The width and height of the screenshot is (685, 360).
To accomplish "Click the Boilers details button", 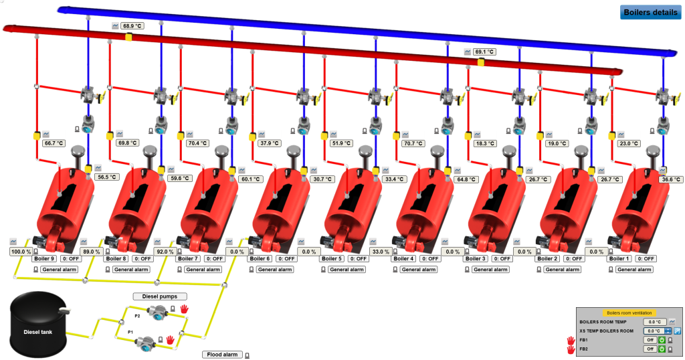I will (x=650, y=12).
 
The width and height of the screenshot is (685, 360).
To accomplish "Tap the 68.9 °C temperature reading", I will (x=132, y=26).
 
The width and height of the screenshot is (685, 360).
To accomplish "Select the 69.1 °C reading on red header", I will (x=484, y=52).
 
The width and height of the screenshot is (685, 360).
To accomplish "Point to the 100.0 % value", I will (x=21, y=252).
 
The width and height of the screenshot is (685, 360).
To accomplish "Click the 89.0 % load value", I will (x=91, y=252).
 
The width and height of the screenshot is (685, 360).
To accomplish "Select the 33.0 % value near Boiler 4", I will (x=380, y=252).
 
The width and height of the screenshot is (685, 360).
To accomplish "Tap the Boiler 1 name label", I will (x=619, y=258).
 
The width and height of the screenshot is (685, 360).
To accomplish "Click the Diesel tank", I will (x=37, y=330).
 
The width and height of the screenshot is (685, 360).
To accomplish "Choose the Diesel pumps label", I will (x=160, y=296).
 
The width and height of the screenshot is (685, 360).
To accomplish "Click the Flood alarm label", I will (x=222, y=355).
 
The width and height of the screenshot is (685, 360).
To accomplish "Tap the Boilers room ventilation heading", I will (x=629, y=312).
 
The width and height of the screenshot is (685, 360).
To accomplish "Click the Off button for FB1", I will (x=650, y=339).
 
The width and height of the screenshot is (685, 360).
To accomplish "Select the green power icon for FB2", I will (x=662, y=349).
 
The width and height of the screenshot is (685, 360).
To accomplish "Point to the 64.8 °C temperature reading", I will (x=467, y=179).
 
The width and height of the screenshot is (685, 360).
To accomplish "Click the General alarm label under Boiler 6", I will (x=275, y=269).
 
